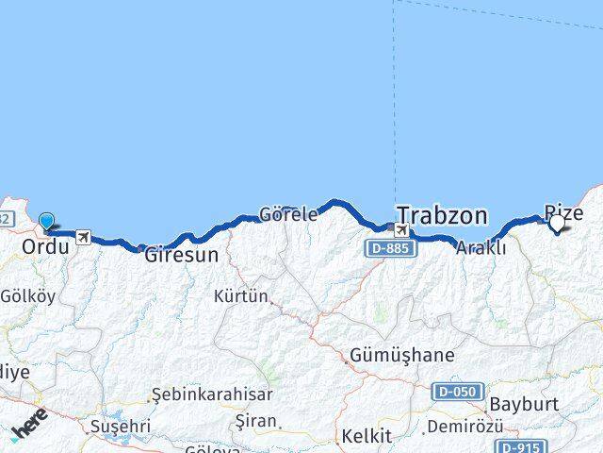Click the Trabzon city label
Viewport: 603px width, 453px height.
coord(442,215)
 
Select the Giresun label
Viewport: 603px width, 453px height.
coord(182,254)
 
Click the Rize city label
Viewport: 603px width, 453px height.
coord(563,211)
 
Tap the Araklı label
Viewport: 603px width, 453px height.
coord(481,248)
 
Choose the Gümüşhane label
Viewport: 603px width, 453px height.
coord(401,356)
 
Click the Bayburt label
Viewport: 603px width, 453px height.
coord(524,405)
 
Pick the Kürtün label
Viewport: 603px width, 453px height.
coord(240,296)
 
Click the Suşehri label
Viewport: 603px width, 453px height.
coord(120,427)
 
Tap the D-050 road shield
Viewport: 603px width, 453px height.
coord(459,391)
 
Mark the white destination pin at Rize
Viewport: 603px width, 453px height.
coord(558,223)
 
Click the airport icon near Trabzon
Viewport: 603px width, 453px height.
coord(402,231)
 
